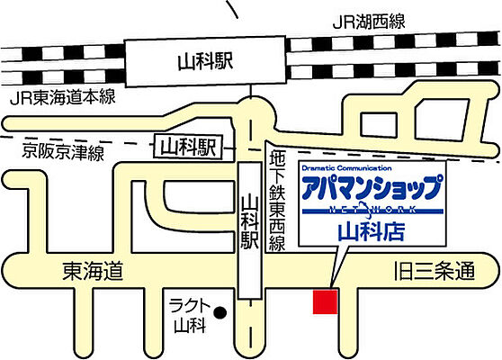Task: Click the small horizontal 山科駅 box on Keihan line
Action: [x=186, y=146]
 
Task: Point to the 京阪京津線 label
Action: [x=63, y=153]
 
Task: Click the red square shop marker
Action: [x=324, y=301]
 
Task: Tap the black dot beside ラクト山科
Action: [x=230, y=313]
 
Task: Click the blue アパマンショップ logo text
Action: [x=371, y=190]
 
